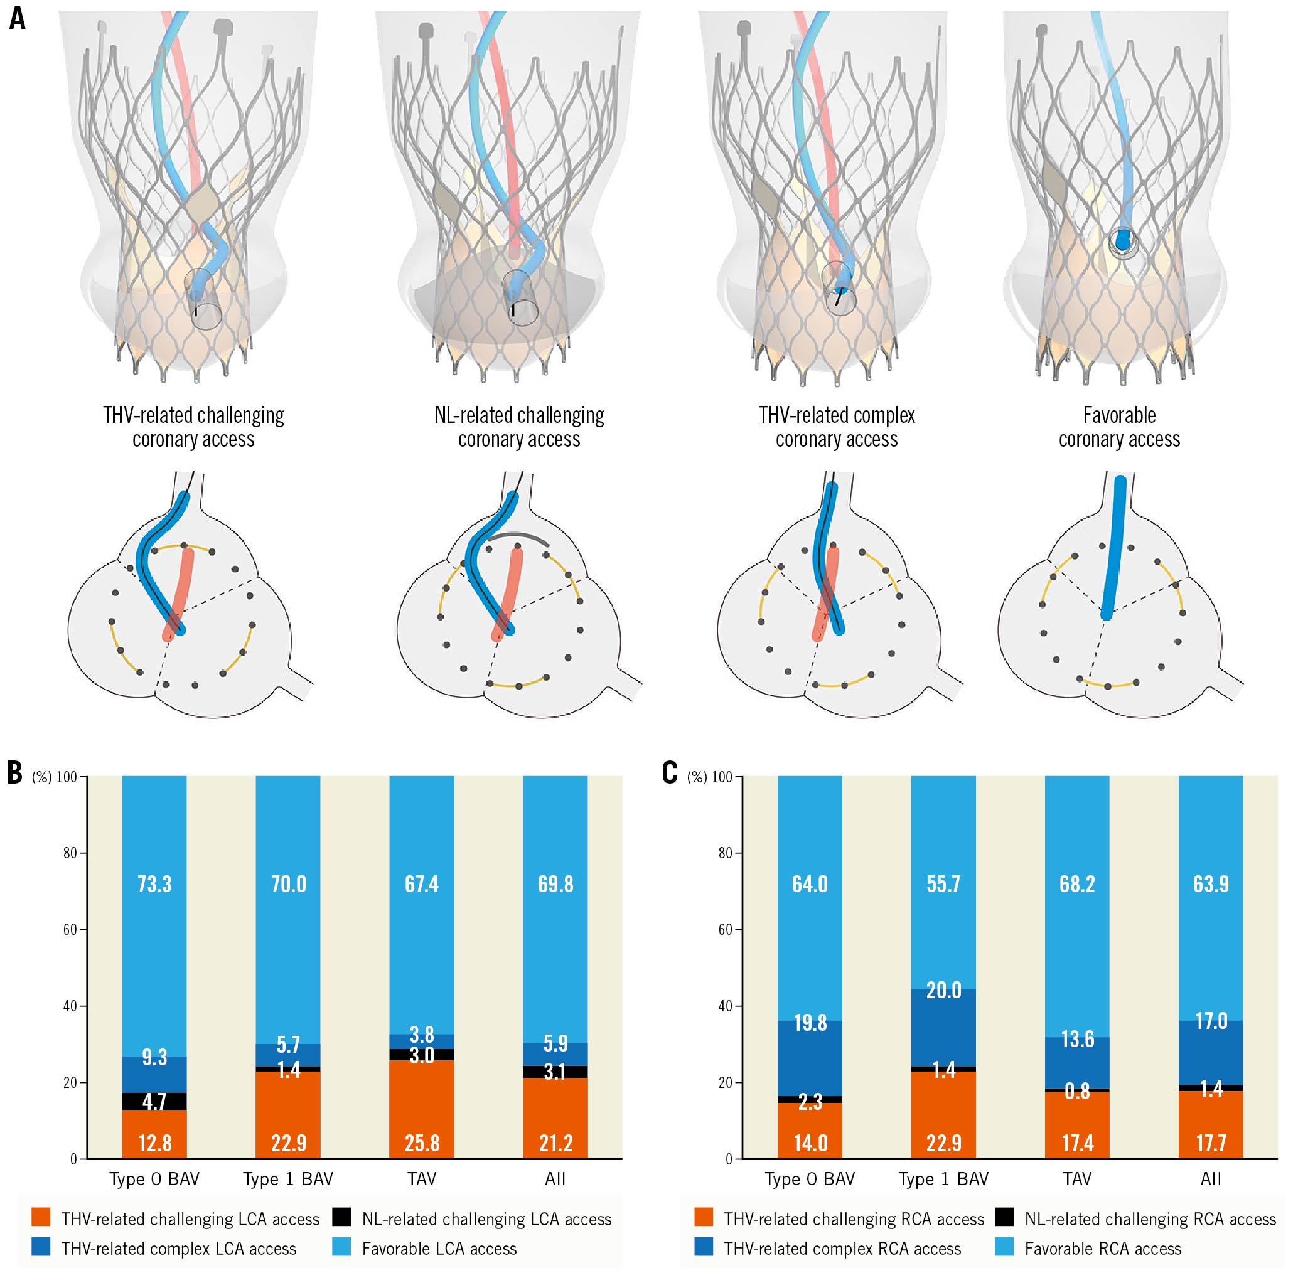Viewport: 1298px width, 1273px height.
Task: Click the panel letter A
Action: point(18,19)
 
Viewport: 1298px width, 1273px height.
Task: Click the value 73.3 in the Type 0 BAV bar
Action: point(154,884)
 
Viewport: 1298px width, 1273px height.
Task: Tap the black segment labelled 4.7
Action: point(154,1101)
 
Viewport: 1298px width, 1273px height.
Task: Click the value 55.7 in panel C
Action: point(943,884)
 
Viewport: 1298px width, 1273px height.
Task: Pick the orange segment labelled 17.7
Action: point(1211,1130)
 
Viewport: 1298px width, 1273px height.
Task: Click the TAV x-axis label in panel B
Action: point(422,1179)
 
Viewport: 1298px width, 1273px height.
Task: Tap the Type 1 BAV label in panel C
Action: point(943,1179)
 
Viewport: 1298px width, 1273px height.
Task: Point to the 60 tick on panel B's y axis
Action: point(70,929)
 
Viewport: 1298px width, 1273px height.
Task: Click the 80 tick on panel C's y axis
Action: point(726,853)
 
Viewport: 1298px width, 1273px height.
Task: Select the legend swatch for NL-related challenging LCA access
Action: point(341,1217)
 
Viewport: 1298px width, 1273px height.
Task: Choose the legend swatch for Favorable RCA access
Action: point(1004,1247)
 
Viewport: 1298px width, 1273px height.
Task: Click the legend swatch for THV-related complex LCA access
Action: point(41,1247)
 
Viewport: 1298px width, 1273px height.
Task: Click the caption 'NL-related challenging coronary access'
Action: point(519,427)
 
